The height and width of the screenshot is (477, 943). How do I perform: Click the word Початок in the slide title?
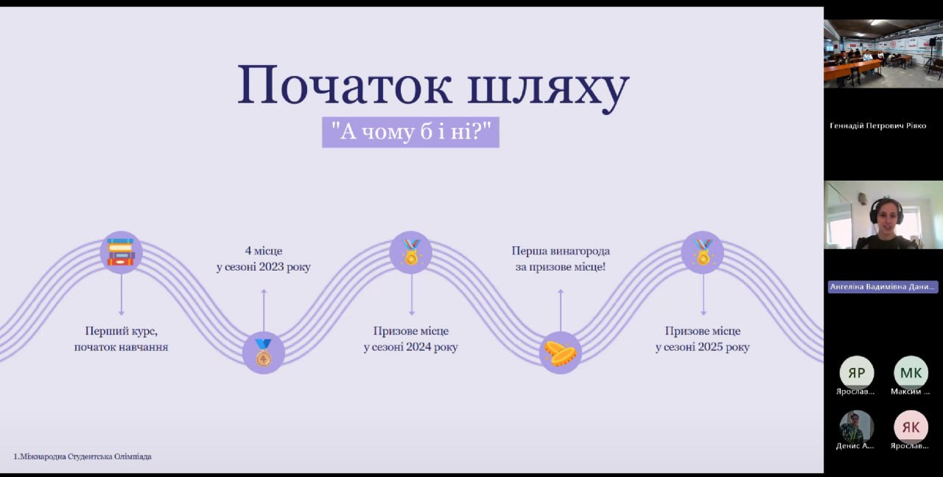click(344, 86)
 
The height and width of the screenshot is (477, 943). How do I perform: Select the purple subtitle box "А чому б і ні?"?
click(410, 132)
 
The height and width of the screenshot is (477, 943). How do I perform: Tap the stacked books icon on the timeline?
click(121, 252)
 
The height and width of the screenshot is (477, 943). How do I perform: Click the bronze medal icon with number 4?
click(263, 352)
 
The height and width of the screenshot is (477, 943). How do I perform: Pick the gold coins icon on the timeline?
click(560, 352)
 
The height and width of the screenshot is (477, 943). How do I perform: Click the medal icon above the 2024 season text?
click(410, 252)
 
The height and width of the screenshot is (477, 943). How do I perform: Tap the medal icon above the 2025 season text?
click(702, 252)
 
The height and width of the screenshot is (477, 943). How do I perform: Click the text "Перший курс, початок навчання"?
click(121, 338)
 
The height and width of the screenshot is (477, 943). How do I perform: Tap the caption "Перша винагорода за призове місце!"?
click(561, 259)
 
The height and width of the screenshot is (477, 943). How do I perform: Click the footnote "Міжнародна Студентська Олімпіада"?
click(85, 456)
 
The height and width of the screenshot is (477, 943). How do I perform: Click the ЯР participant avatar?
click(856, 372)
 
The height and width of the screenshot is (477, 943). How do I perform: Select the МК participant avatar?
click(911, 372)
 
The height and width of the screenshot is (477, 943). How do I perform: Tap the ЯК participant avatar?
click(911, 426)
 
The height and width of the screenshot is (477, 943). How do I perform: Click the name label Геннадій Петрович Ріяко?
click(877, 125)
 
